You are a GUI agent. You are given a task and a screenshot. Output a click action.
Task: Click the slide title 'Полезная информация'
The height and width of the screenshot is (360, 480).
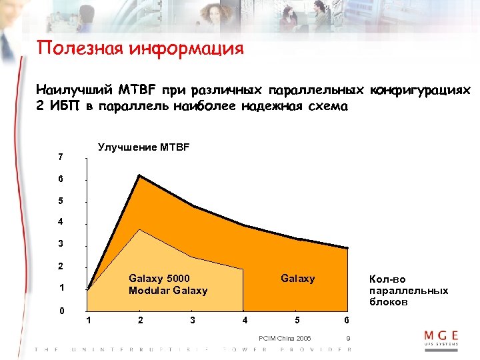coord(141,49)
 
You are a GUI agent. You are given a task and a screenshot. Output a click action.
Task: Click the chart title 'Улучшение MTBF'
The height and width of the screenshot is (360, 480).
coord(143,147)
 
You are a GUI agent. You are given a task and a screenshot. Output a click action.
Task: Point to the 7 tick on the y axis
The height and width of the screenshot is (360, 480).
coord(61,157)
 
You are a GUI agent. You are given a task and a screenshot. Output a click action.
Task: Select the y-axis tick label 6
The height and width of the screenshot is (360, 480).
coord(61,179)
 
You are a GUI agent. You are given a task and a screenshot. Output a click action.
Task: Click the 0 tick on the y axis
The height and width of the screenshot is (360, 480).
coord(61,311)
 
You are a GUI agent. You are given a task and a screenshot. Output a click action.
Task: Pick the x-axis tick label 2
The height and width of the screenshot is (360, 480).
coord(140,321)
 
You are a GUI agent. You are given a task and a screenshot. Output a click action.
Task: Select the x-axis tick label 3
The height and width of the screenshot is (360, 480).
coord(193,321)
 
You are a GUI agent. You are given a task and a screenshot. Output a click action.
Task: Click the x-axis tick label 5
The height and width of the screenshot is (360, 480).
coord(297,321)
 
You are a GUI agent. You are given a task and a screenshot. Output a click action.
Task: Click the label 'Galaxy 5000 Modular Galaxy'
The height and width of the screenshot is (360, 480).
coord(167,285)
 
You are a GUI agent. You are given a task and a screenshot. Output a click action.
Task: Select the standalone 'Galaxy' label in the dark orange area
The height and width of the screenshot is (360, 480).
coord(297,279)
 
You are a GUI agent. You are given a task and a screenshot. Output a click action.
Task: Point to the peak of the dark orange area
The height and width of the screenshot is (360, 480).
coord(139,175)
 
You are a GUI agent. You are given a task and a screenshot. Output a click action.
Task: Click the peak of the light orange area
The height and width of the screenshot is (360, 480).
coord(139,229)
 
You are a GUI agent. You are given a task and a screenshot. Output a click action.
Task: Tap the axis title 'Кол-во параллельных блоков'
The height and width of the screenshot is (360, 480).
coord(404,291)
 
